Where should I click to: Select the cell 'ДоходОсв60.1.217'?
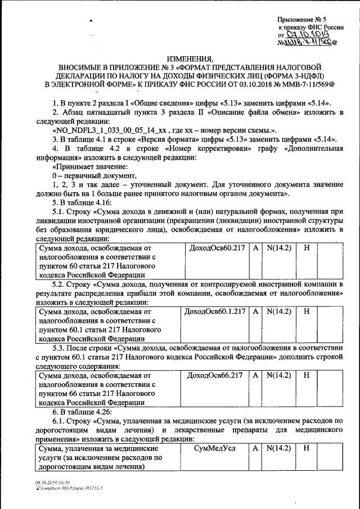coord(215,311)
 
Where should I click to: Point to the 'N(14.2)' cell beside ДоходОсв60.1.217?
coord(278,311)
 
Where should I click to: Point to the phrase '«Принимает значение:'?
coord(89,168)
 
